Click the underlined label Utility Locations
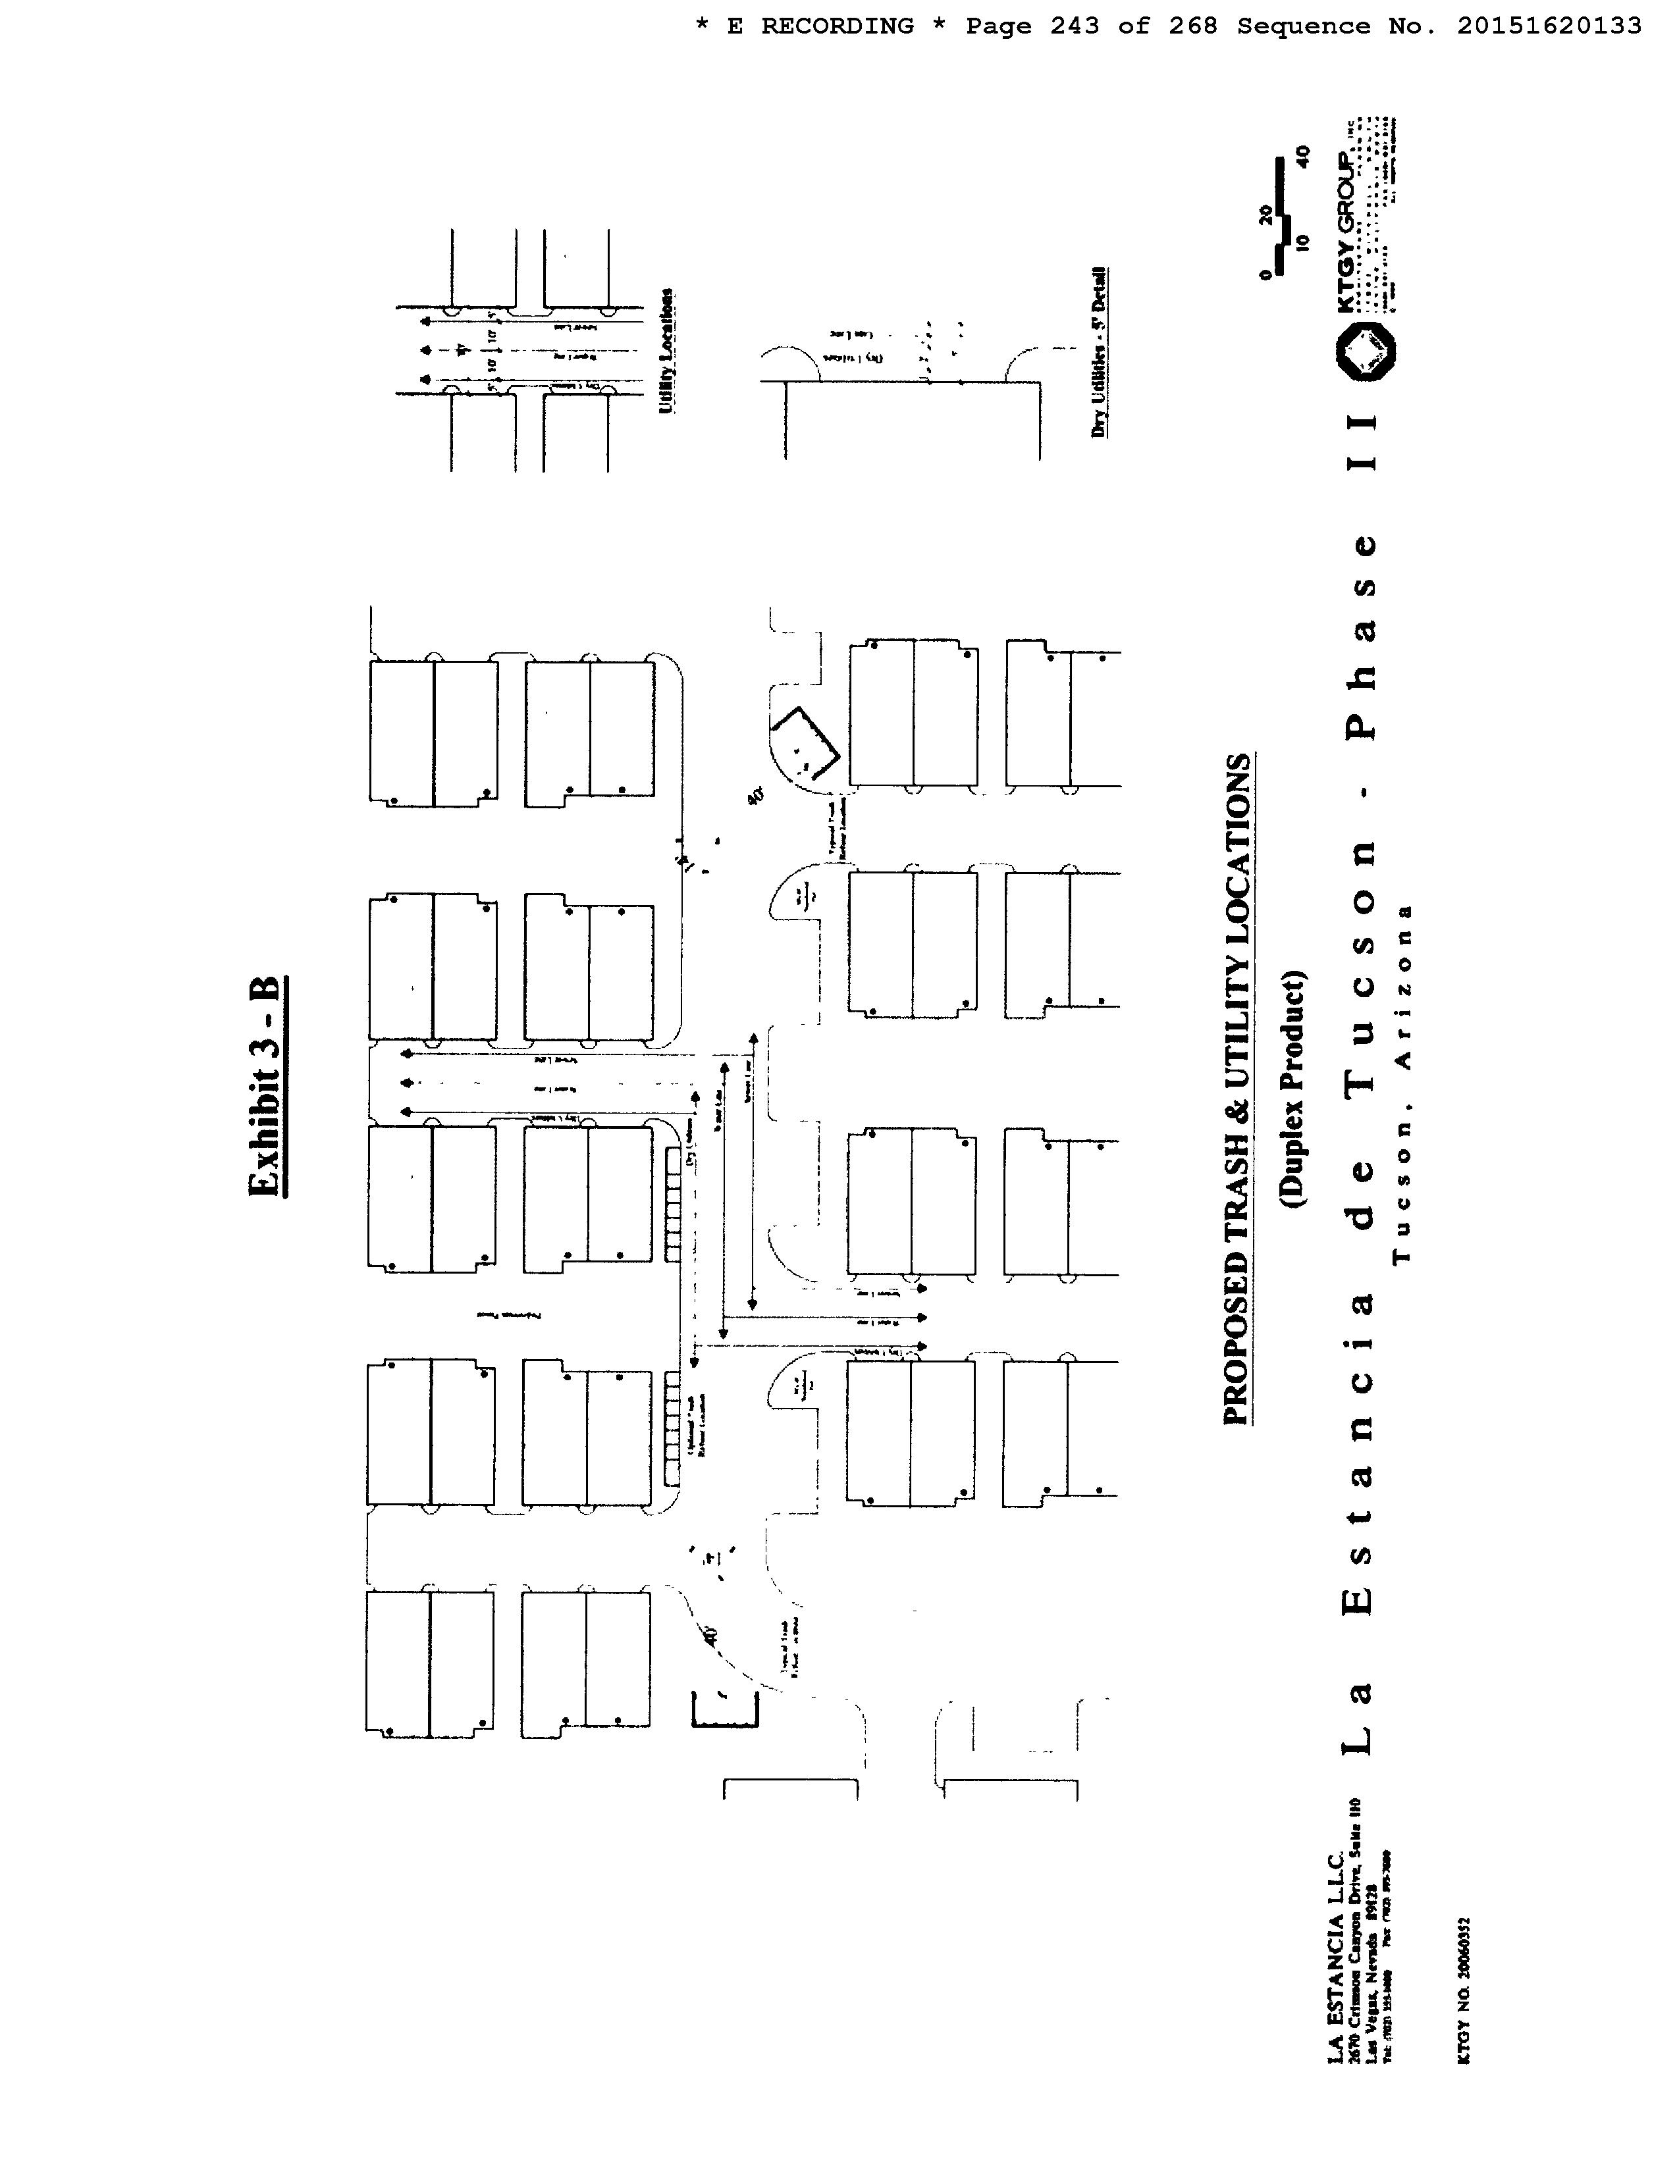pyautogui.click(x=666, y=351)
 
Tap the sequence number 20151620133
pyautogui.click(x=1549, y=27)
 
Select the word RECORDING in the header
pyautogui.click(x=837, y=27)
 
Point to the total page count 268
pyautogui.click(x=1193, y=27)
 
